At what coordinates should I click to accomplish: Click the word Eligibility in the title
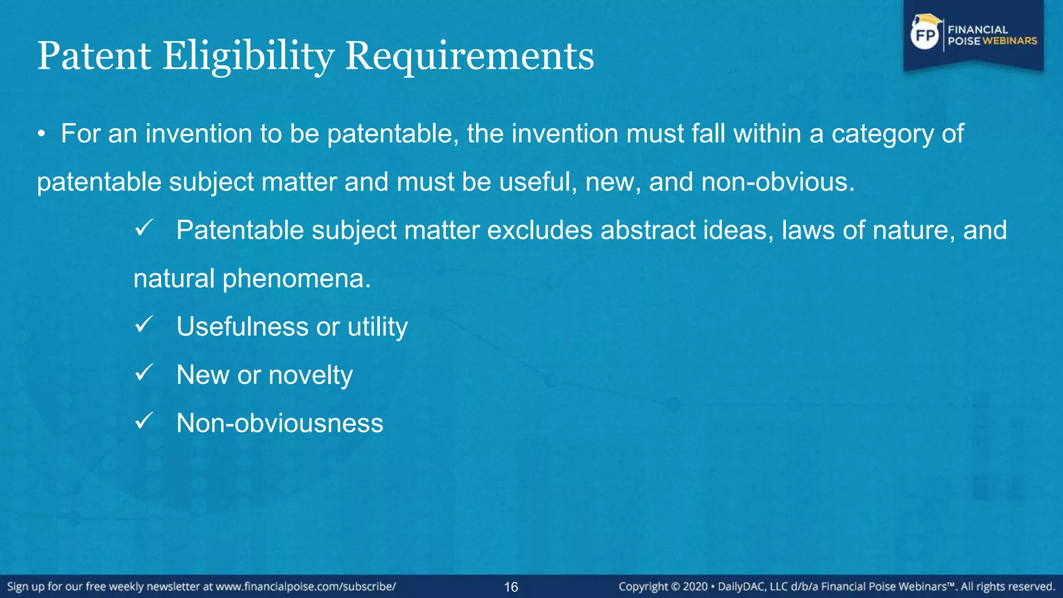[x=248, y=56]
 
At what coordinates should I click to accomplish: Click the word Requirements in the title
[x=469, y=56]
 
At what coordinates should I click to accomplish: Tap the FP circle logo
[x=925, y=35]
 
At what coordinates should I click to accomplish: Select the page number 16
[x=511, y=587]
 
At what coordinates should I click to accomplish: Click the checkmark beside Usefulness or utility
[x=143, y=325]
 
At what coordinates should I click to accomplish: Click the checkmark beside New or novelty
[x=143, y=373]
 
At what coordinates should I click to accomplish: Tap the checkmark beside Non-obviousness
[x=143, y=421]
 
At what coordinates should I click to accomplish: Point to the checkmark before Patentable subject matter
[x=143, y=228]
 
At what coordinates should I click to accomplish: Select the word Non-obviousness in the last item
[x=280, y=423]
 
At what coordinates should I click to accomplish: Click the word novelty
[x=310, y=375]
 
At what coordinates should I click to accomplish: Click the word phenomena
[x=296, y=279]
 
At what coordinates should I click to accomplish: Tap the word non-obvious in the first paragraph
[x=777, y=182]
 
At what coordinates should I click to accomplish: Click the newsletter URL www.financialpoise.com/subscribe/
[x=305, y=587]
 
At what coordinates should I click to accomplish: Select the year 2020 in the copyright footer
[x=695, y=587]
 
